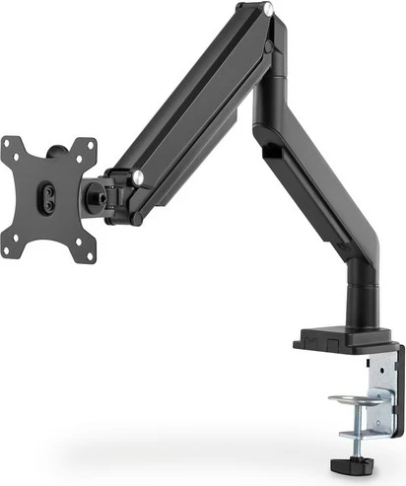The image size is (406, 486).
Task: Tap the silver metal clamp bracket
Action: click(x=375, y=394)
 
